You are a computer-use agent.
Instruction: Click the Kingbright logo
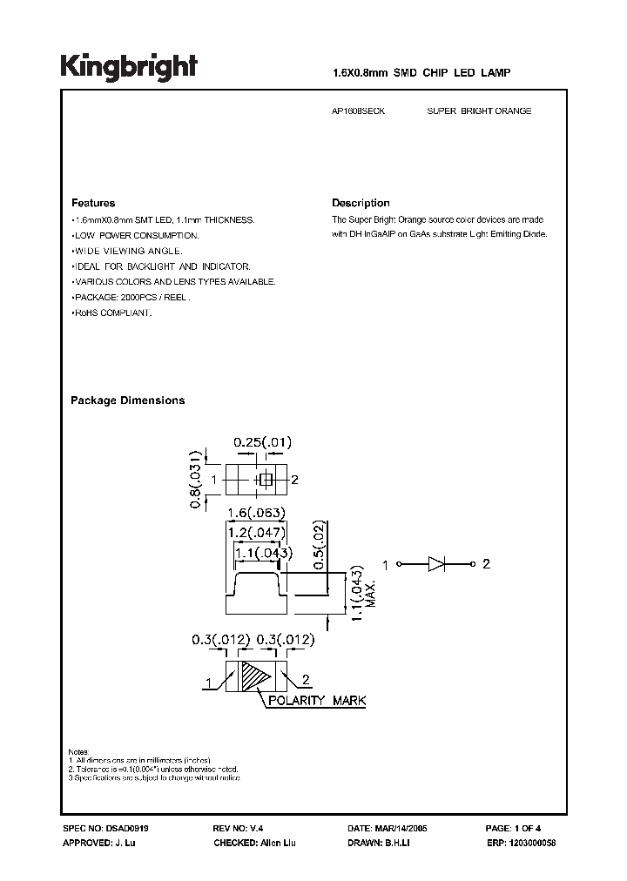[x=128, y=67]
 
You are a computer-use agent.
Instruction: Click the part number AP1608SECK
[x=360, y=111]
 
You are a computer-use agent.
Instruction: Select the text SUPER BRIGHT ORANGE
[x=479, y=111]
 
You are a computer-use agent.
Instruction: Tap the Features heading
[x=93, y=203]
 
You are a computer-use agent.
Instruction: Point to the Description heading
[x=361, y=203]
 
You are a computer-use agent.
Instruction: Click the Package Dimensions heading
[x=127, y=400]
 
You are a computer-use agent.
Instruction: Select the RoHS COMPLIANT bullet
[x=111, y=313]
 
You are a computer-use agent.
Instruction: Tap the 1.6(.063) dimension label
[x=253, y=513]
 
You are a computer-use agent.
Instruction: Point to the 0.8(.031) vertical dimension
[x=197, y=479]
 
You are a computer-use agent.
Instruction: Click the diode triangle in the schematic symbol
[x=436, y=564]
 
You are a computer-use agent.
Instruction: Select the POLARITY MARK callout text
[x=316, y=701]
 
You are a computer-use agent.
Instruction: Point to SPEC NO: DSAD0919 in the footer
[x=100, y=829]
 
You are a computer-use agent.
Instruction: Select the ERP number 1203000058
[x=519, y=844]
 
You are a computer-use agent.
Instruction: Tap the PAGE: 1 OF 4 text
[x=514, y=829]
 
